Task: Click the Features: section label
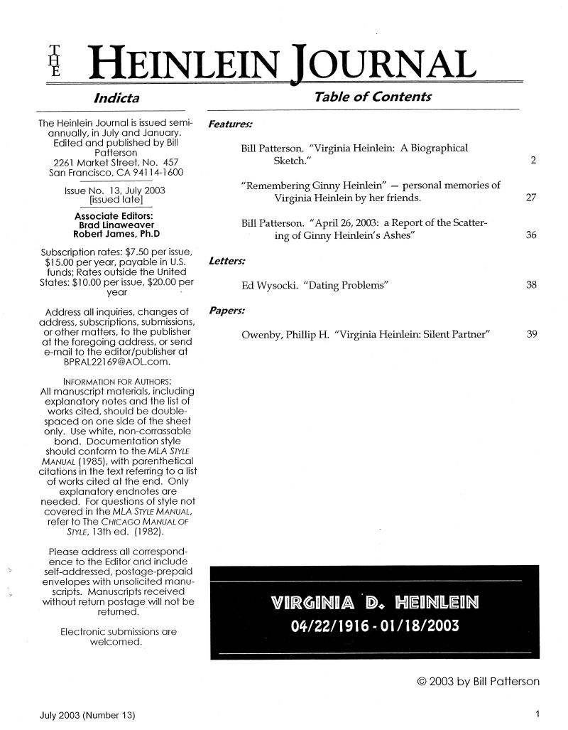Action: click(226, 124)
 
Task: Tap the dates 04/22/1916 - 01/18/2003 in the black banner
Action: click(375, 626)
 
